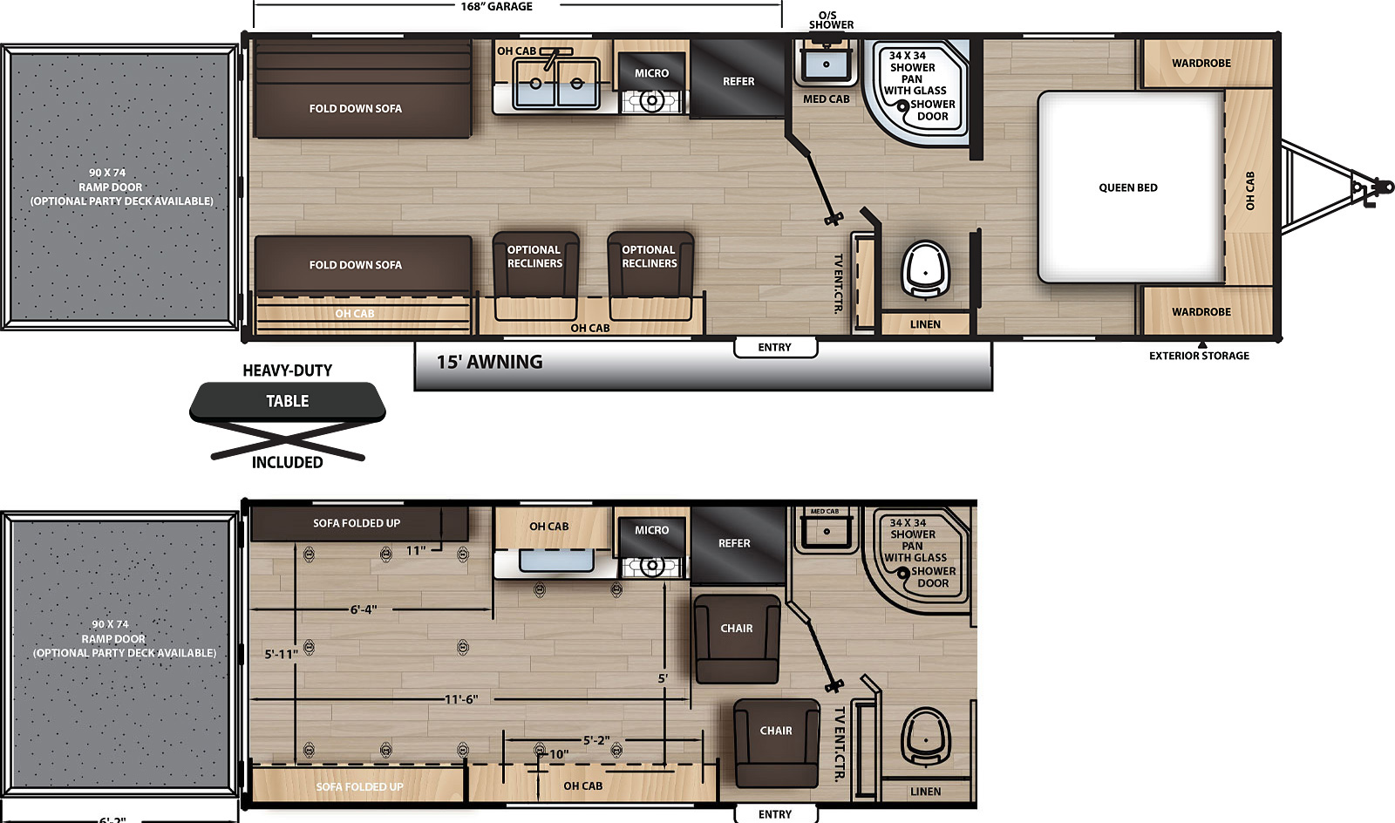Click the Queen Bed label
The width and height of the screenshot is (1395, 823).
[1128, 187]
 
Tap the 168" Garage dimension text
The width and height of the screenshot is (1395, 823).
[496, 7]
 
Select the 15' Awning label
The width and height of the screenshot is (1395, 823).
[489, 362]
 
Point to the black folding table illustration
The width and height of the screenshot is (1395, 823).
[287, 420]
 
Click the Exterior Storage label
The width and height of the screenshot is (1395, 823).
[1199, 356]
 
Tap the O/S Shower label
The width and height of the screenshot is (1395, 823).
[831, 20]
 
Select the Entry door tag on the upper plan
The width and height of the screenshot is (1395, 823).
[775, 347]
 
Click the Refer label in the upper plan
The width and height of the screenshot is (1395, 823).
[738, 82]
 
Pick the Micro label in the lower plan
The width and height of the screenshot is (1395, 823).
[651, 530]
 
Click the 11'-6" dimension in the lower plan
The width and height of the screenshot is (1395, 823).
[461, 699]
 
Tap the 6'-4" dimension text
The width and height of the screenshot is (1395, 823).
[363, 609]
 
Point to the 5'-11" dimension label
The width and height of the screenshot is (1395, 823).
[282, 654]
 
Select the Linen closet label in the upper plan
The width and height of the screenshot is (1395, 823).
[925, 324]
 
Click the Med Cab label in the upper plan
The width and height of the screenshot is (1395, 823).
[826, 99]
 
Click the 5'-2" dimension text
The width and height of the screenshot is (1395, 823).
[596, 740]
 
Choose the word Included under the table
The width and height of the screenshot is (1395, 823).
[287, 463]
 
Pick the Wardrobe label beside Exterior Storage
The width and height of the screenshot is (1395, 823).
[1201, 312]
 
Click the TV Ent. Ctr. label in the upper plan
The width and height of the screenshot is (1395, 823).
[838, 284]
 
